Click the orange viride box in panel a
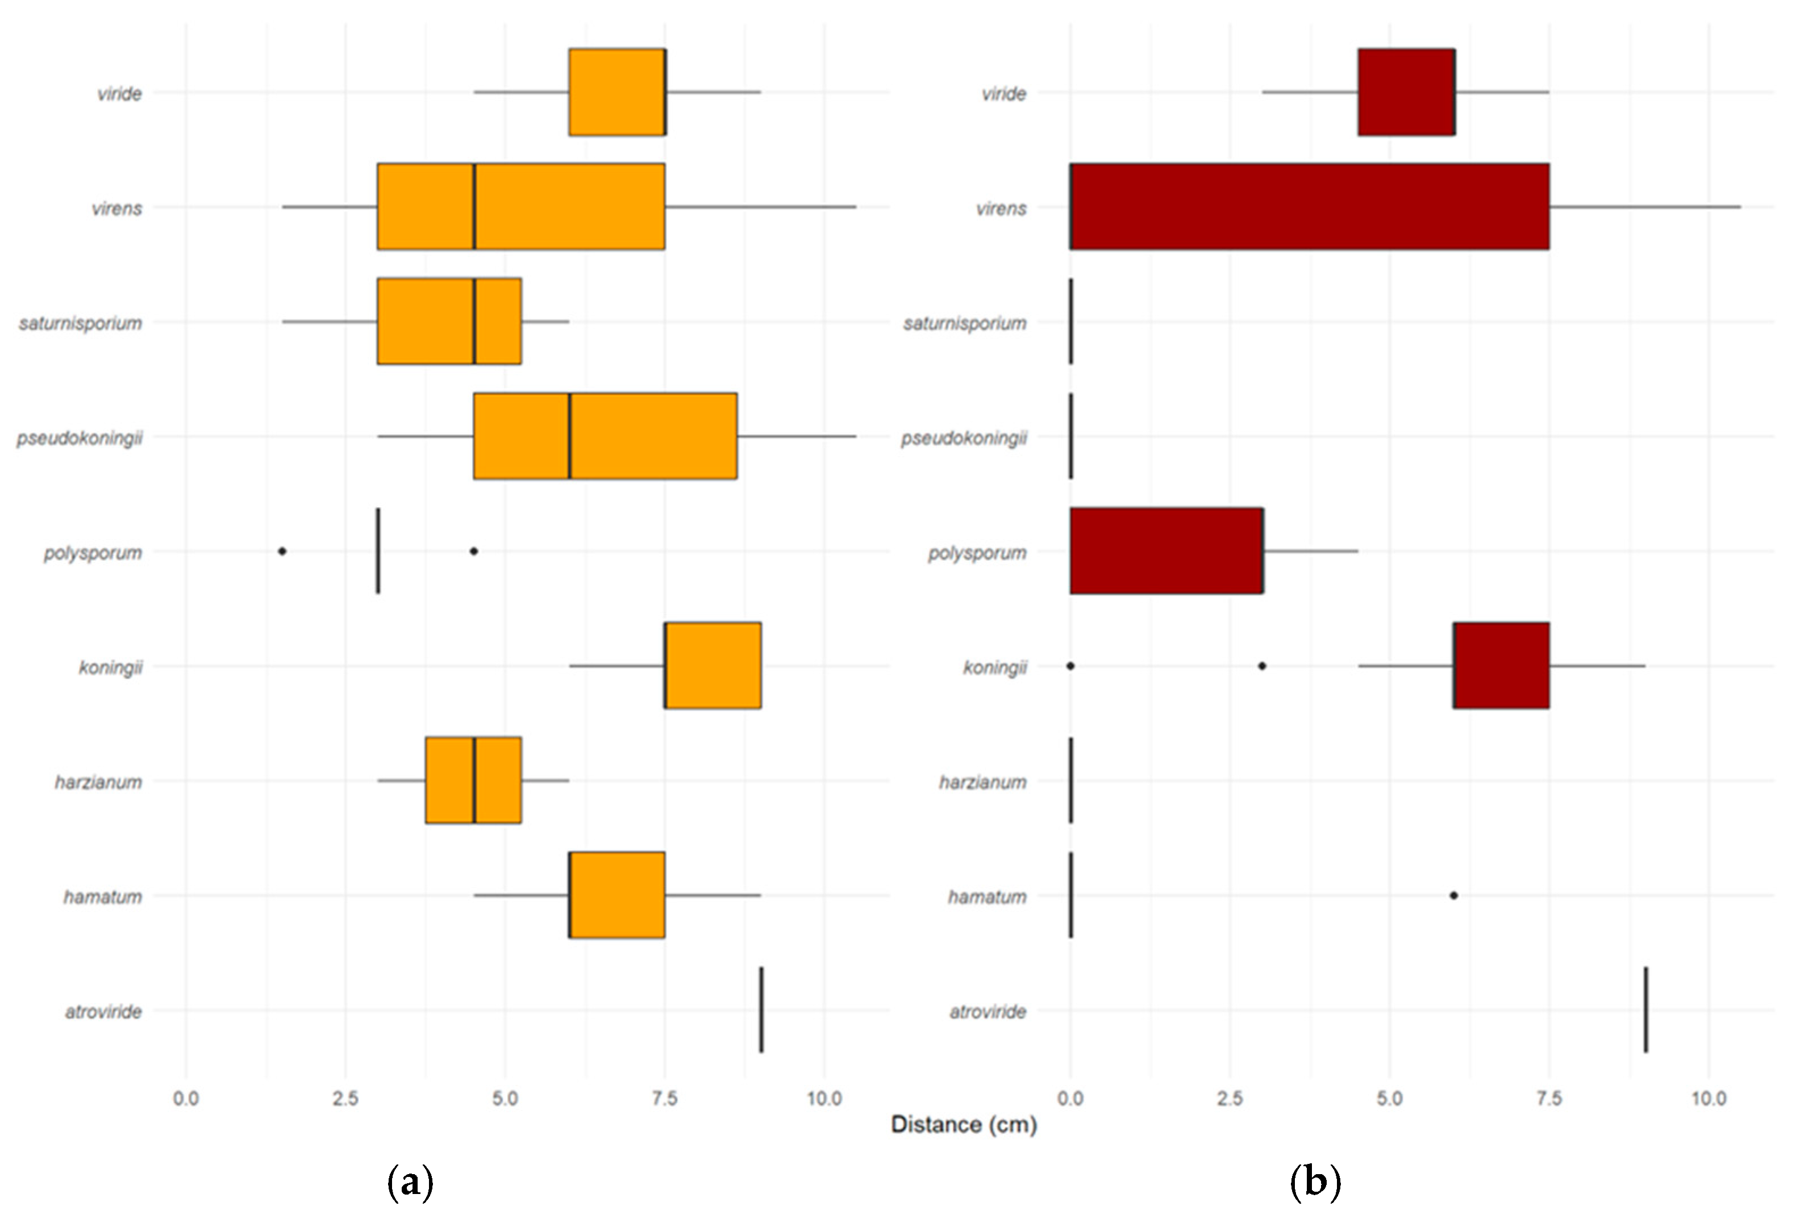616,92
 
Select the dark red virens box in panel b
1309,207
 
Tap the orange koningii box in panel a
713,665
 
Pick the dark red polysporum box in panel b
1166,550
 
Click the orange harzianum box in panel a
473,780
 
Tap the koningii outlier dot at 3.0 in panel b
1262,665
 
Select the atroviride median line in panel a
761,1009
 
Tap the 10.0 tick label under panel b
1708,1098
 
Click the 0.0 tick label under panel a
186,1098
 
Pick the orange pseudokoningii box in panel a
605,436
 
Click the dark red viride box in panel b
1406,92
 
